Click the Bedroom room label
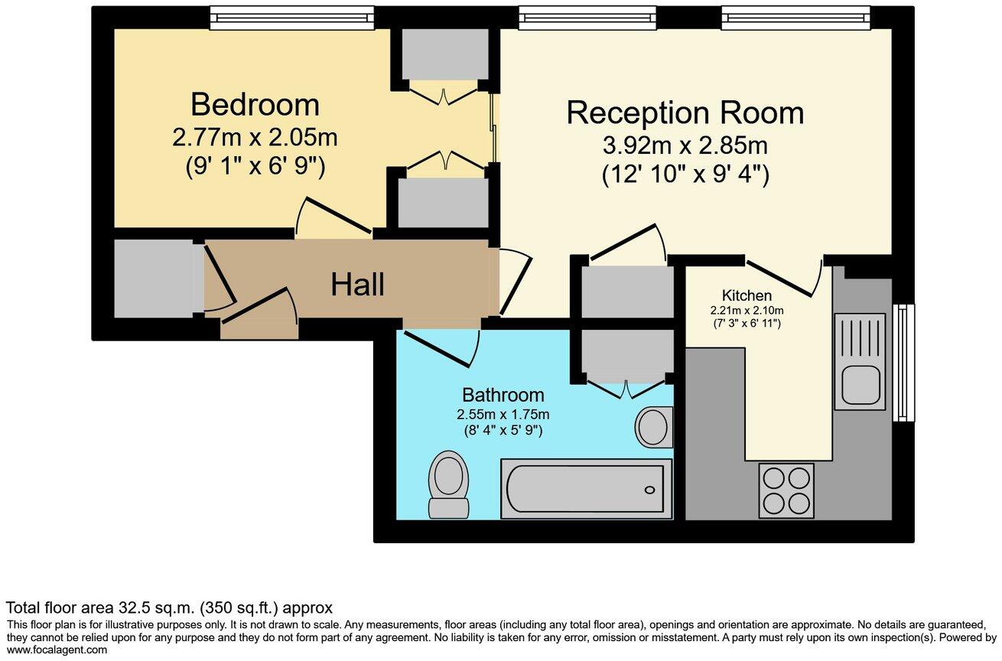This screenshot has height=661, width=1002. [255, 105]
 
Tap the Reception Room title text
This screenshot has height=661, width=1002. [685, 112]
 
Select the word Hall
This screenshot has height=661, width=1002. [357, 285]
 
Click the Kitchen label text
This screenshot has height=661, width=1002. [747, 295]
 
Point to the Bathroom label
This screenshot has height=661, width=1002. [503, 395]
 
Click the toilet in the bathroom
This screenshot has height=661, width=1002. [448, 484]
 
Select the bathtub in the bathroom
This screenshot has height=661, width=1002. [587, 489]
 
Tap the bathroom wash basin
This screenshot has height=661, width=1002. [654, 427]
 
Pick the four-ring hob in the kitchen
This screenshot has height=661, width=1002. [786, 491]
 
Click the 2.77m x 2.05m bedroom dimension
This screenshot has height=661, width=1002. [255, 138]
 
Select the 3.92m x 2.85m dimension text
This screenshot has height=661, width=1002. [685, 146]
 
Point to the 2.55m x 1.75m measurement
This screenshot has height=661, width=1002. [503, 415]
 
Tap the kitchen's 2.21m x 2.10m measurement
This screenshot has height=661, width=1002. [747, 310]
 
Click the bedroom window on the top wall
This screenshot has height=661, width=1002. [292, 18]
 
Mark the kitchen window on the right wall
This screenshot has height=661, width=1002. [903, 363]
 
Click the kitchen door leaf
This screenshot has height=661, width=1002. [779, 278]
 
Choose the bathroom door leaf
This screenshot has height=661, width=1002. [437, 349]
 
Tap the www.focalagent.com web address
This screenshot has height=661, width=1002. [57, 650]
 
